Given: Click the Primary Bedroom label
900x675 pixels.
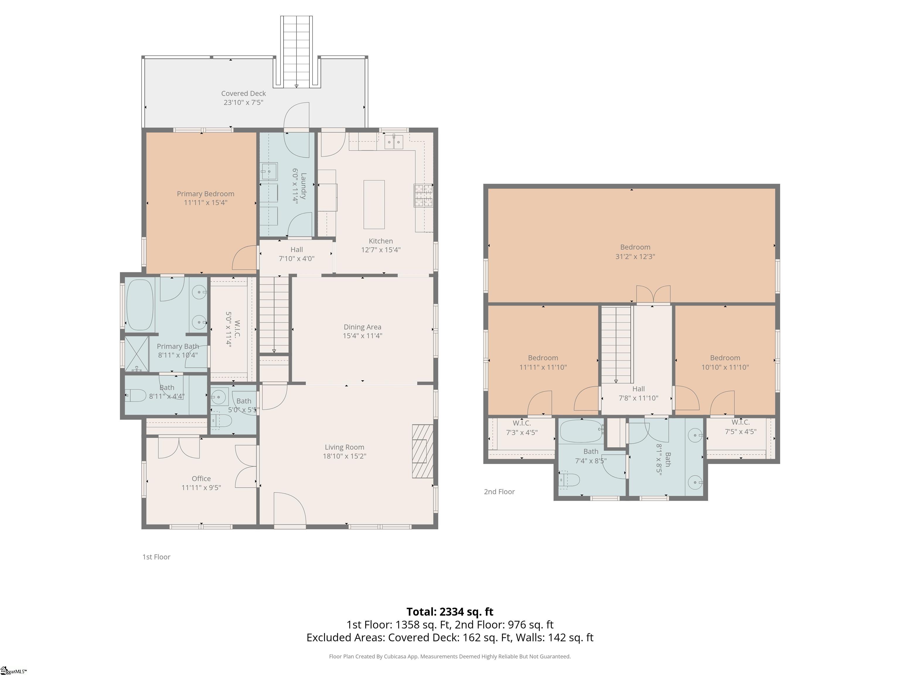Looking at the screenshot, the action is [205, 194].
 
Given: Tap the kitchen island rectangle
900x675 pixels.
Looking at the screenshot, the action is [374, 205].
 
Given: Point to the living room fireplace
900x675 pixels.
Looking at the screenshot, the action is [422, 451].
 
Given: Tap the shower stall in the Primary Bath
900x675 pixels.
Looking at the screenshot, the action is [137, 354].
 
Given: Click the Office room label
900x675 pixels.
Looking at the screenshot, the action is [201, 478].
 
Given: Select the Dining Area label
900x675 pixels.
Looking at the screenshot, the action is [362, 327].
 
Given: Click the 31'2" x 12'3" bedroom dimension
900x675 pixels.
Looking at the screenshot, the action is [635, 256].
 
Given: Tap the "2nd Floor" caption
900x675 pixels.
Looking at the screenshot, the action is [499, 492].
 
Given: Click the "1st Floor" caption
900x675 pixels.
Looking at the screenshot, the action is [156, 557].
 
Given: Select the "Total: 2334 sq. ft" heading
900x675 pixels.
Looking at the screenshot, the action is [450, 611].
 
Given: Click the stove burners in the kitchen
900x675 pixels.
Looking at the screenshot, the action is [423, 196].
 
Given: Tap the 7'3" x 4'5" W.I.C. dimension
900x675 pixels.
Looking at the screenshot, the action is [521, 432].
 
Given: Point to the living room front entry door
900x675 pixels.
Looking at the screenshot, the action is [290, 510].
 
